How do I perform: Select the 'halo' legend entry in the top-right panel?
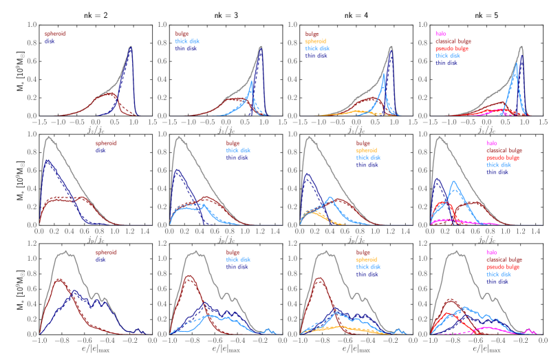click(x=442, y=32)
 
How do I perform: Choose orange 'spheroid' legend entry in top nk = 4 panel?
click(x=319, y=40)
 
